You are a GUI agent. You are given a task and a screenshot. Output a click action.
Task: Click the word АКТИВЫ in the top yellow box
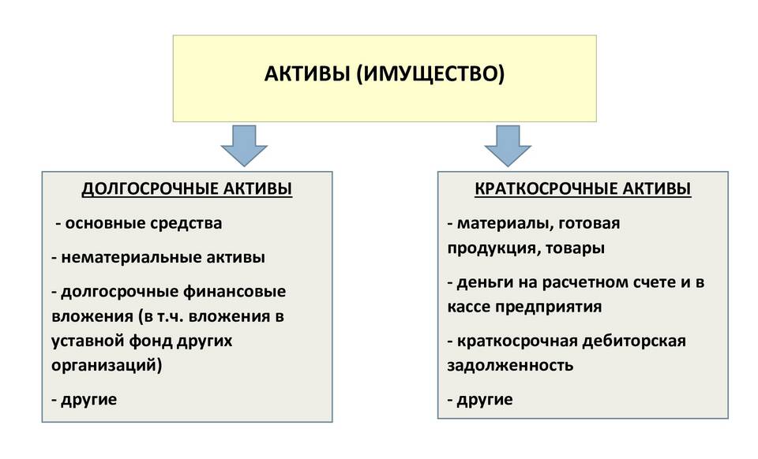click(x=307, y=73)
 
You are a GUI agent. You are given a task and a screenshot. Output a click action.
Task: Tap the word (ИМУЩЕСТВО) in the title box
click(x=431, y=74)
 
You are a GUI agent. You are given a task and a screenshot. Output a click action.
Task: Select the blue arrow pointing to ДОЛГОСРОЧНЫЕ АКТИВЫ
click(x=244, y=146)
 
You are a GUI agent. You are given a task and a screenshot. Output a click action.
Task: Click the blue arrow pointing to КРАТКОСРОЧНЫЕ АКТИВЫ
click(x=508, y=146)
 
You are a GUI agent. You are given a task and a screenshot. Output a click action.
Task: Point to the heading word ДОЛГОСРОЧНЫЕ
click(x=148, y=188)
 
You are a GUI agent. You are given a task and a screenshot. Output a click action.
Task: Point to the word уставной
click(x=88, y=341)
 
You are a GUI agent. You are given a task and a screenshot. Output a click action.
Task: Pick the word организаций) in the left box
click(x=107, y=365)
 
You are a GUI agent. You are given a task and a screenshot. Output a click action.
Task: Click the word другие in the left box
click(x=89, y=400)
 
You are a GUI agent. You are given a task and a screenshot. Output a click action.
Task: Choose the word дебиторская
click(x=634, y=341)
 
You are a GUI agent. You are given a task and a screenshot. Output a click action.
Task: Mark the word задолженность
click(x=510, y=365)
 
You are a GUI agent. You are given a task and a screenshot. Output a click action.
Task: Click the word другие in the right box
click(x=485, y=400)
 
